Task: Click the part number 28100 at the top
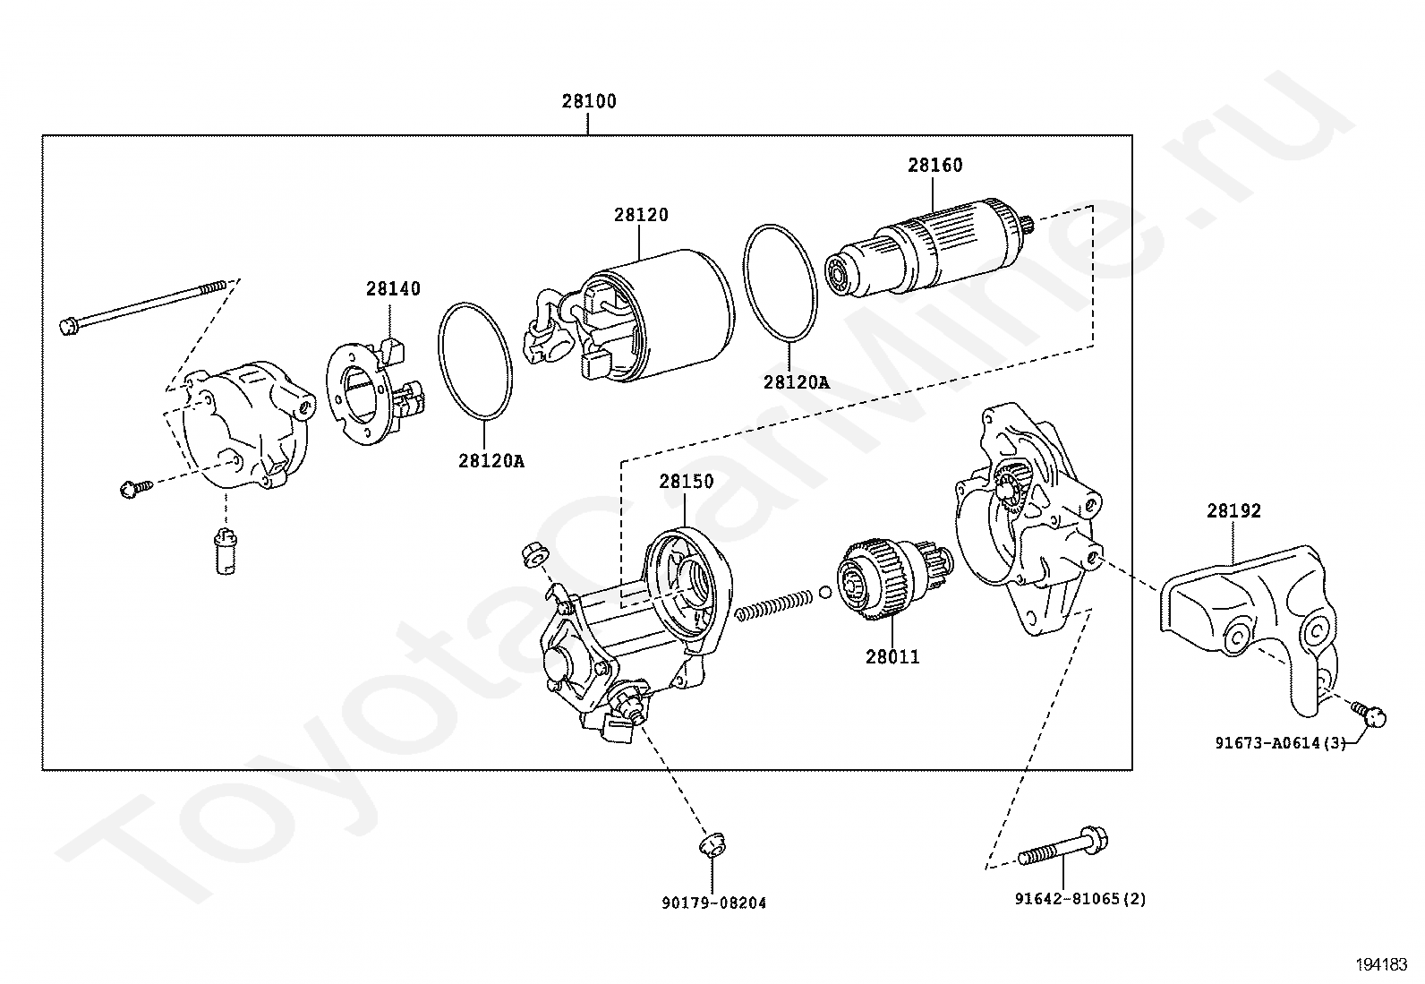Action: pos(589,102)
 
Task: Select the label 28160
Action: pos(934,166)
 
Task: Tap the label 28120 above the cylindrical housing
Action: pos(641,216)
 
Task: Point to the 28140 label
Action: pos(392,289)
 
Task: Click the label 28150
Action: pos(687,482)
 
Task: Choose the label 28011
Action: pos(892,657)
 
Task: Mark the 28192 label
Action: pos(1233,511)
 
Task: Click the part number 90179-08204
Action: pos(714,903)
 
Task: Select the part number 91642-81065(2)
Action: pos(1079,899)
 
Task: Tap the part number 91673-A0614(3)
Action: pos(1280,742)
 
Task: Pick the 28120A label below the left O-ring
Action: pos(491,461)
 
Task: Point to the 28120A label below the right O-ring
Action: pos(796,382)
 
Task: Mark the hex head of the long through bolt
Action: pos(68,326)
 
